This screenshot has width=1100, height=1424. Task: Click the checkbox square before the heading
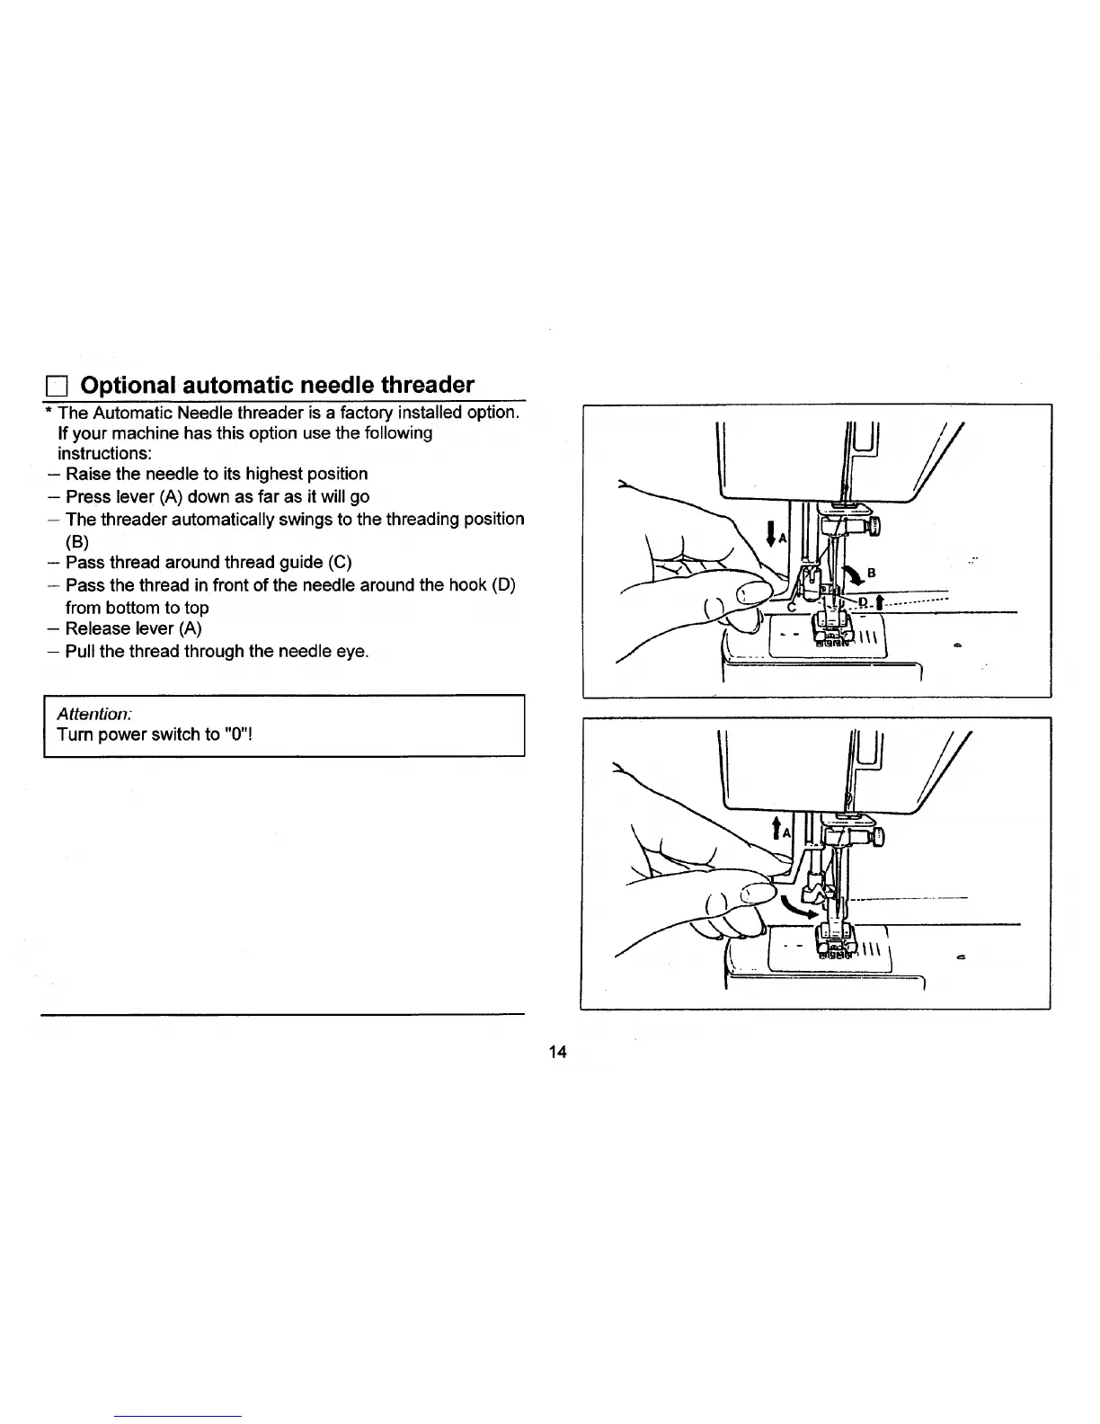coord(57,387)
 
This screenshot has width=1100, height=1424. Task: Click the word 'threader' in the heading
coord(427,385)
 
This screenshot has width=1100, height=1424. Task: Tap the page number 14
coord(557,1052)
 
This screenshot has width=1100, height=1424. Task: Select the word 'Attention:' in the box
coord(94,713)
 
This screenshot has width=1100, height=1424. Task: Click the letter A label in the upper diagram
coord(782,538)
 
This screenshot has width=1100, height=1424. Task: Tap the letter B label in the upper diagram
coord(871,572)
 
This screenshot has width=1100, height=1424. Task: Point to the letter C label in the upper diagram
coord(792,606)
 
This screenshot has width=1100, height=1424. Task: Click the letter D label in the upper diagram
coord(864,601)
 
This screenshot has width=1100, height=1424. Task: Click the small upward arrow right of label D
coord(877,601)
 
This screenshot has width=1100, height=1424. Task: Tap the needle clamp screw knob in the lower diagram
coord(876,836)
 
